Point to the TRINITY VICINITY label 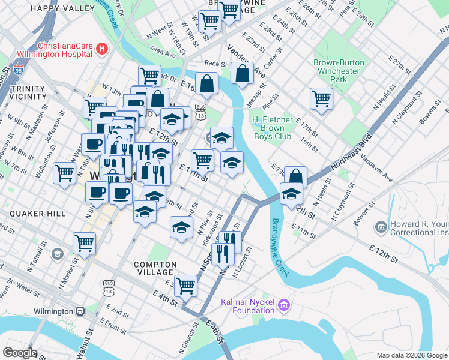coord(28,92)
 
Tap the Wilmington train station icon coord(79,311)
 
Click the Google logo coord(20,353)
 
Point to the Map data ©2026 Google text coord(411,355)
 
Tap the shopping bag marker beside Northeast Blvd coord(295,177)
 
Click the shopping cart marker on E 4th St coord(186,286)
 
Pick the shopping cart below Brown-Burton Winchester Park coord(321,98)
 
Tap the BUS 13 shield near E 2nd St coord(109,291)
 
